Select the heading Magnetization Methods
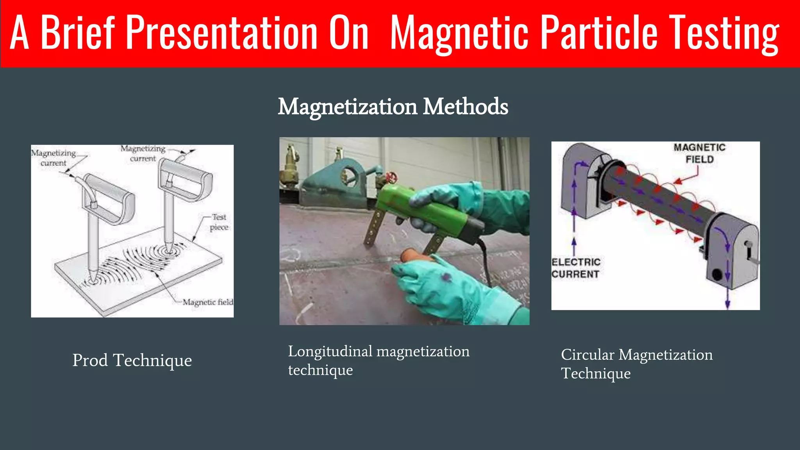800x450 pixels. [x=393, y=106]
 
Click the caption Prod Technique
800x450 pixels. [x=132, y=360]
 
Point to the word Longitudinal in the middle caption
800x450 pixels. [x=330, y=352]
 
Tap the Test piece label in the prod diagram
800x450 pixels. [x=219, y=222]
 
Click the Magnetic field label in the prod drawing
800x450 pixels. [x=207, y=302]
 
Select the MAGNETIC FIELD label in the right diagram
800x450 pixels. [x=699, y=154]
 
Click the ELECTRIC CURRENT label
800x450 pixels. [x=575, y=268]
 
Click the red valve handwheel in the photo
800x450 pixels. [x=391, y=178]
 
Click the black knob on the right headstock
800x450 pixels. [x=717, y=275]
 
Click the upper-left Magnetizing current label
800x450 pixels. [x=54, y=157]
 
